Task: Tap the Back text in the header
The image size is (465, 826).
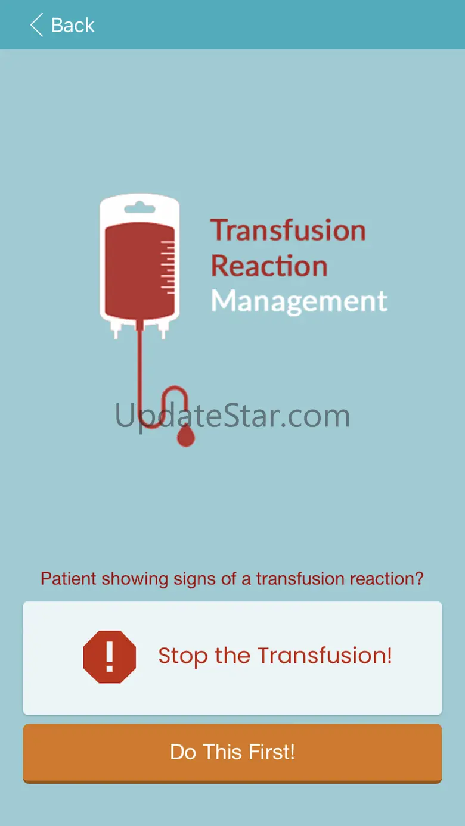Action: pos(73,25)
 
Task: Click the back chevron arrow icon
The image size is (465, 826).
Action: pos(36,25)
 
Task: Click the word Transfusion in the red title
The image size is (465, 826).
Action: pos(288,230)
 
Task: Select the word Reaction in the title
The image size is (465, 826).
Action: pos(269,266)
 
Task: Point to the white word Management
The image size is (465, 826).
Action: pos(299,301)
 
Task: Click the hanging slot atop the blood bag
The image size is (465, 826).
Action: pos(139,208)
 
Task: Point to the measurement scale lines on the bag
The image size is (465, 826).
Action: pos(168,267)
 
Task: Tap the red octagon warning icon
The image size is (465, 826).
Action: pos(110,657)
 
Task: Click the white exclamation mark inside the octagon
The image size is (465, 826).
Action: pos(110,656)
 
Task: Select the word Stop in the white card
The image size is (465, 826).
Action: pos(183,656)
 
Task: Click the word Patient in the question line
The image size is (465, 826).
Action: pos(69,578)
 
